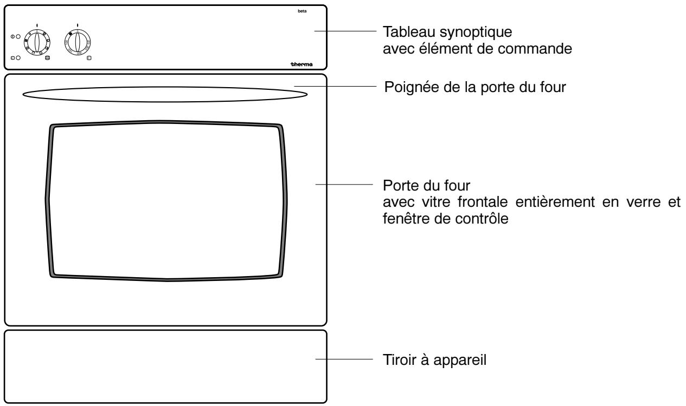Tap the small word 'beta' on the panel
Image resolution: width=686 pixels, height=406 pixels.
302,12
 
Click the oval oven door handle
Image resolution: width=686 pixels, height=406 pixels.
165,94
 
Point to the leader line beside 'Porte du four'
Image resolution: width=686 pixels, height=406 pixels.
344,185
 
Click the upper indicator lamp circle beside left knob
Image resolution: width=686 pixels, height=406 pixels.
18,36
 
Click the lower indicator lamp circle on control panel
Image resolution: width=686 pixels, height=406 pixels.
18,58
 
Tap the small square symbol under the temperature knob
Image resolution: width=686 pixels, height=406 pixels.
89,57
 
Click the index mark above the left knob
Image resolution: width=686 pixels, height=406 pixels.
37,25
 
